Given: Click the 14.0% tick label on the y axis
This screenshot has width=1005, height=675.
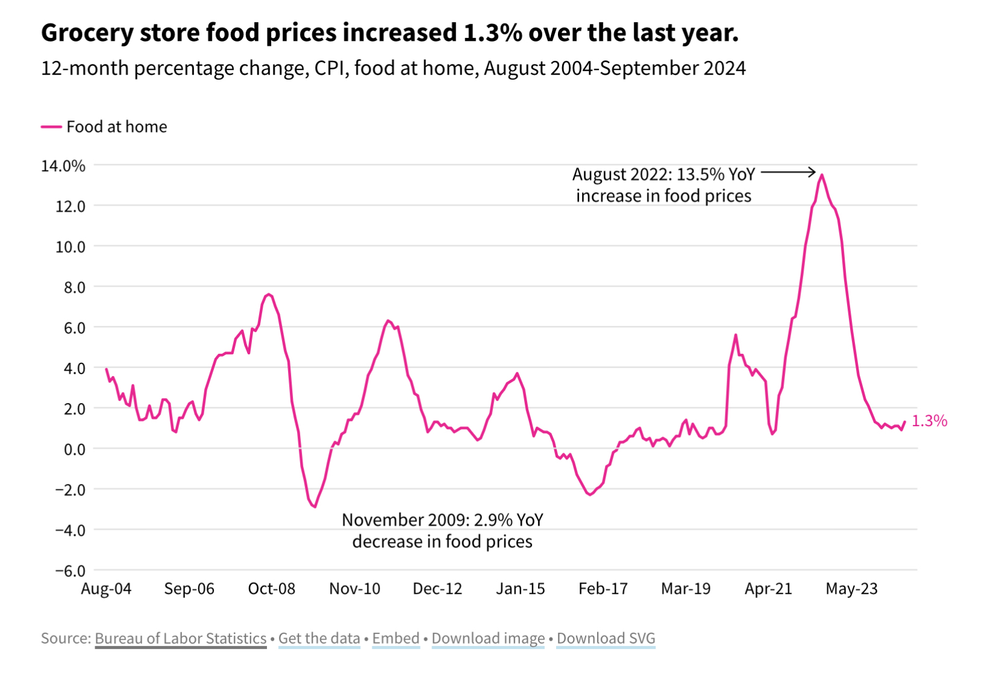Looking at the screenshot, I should [63, 166].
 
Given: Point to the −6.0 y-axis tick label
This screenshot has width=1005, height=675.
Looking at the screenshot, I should [70, 570].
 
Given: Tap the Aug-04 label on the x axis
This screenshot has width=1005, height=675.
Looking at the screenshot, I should [106, 589].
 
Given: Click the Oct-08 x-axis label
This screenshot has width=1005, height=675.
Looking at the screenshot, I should [272, 589].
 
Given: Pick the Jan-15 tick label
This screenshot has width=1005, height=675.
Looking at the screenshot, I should [521, 589].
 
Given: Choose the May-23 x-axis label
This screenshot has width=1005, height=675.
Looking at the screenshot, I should [851, 589].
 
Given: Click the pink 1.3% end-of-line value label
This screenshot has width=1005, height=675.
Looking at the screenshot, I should [929, 421].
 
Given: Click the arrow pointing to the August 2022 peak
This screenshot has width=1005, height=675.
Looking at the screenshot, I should [789, 173].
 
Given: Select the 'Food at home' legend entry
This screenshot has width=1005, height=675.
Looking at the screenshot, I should [104, 127].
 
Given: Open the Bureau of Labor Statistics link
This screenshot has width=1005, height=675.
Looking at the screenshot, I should [180, 638].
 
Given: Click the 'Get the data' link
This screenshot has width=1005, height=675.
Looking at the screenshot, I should [319, 638].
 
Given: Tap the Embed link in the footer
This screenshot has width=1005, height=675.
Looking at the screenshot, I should [396, 638].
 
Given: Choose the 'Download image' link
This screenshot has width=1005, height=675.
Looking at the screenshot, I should [488, 638].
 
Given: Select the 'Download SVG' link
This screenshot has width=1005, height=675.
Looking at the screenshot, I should [606, 638].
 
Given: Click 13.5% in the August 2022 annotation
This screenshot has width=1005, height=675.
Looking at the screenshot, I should [700, 175].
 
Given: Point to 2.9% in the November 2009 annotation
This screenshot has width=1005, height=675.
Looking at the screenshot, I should [493, 520].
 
